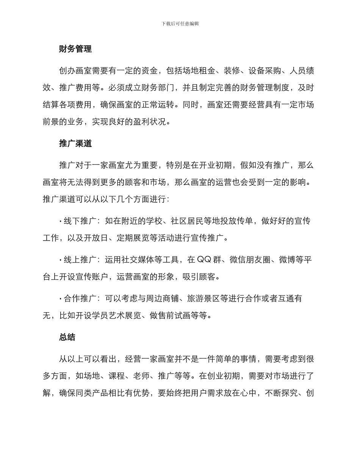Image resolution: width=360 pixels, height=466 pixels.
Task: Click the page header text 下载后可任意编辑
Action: [180, 23]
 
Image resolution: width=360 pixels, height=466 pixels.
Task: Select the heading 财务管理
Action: [75, 49]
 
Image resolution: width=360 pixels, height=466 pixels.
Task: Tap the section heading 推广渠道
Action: [75, 144]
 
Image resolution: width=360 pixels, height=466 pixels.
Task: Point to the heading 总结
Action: [67, 337]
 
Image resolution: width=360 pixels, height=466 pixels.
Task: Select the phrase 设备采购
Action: [265, 71]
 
